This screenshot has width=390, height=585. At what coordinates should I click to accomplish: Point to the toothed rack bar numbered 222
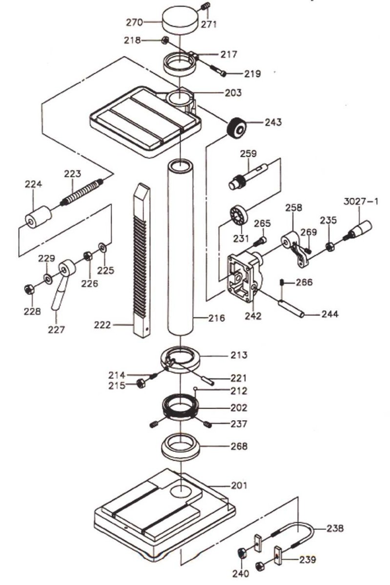[141, 258]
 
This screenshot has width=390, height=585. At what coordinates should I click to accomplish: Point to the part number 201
[239, 485]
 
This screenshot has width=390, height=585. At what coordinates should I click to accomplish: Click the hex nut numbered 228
[28, 289]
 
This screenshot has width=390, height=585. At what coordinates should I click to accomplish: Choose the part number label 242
[254, 316]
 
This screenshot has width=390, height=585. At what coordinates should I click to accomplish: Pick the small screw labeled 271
[205, 7]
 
